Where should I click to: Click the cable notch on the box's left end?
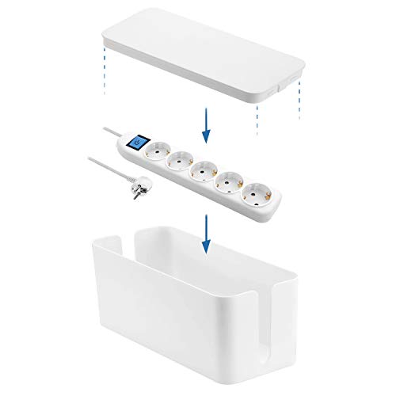tap(113, 242)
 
